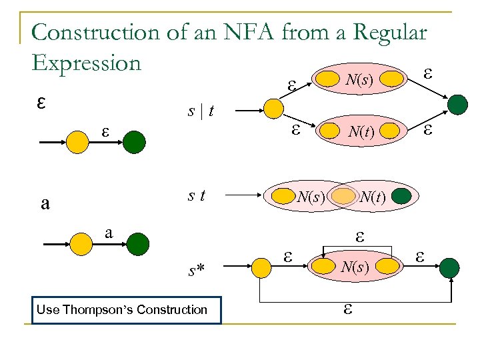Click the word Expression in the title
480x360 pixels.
coord(87,63)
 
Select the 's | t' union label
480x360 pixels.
coord(200,111)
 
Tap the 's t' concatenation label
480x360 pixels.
coord(196,195)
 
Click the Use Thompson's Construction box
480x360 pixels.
coord(126,309)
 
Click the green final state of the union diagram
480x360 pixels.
coord(459,104)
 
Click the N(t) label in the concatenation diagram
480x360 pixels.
coord(373,197)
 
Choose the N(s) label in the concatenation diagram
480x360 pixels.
coord(310,197)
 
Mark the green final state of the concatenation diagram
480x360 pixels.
coord(401,197)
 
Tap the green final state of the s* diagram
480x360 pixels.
coord(450,269)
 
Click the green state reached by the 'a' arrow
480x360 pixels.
coord(136,243)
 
